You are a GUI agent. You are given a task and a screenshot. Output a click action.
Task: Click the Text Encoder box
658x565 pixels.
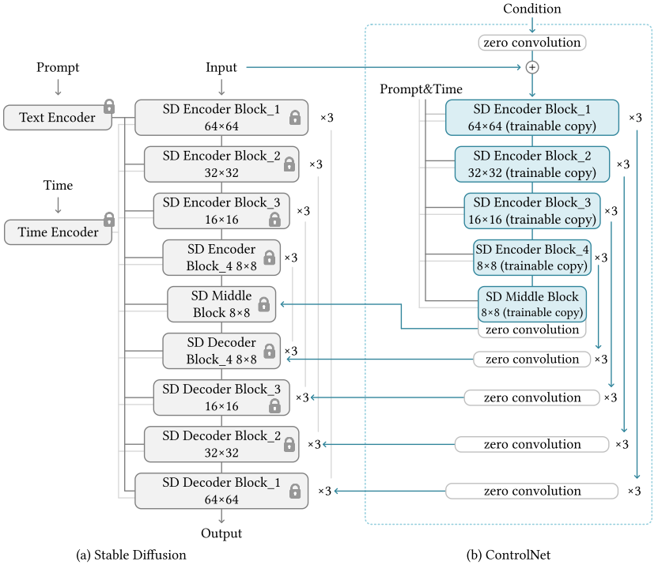point(58,118)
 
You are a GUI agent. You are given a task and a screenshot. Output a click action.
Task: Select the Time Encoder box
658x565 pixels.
point(58,232)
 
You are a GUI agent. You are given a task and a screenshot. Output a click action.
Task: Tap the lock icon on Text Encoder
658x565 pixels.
point(109,107)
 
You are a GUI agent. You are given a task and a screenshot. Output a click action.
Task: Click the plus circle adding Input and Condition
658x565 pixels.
point(532,67)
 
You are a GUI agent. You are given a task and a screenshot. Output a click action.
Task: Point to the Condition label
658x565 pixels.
point(532,9)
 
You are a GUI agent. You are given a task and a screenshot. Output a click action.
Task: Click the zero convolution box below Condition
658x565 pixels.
point(532,43)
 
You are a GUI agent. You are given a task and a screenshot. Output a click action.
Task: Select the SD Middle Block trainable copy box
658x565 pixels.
point(532,304)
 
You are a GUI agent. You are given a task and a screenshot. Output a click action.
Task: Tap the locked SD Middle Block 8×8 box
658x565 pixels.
point(221,304)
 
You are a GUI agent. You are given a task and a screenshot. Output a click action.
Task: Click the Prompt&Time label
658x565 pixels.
point(421,89)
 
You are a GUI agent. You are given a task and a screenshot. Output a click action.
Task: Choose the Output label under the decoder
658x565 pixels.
point(221,533)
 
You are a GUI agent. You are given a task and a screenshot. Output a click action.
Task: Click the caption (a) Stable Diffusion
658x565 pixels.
point(131,555)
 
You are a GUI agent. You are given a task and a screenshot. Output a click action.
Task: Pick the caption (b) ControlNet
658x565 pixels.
point(509,555)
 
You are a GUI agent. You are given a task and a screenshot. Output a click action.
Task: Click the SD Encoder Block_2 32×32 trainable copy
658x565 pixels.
point(532,164)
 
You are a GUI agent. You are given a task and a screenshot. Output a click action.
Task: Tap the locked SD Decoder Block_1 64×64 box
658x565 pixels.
point(221,491)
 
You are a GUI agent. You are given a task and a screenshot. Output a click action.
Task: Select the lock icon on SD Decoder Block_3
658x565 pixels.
point(275,405)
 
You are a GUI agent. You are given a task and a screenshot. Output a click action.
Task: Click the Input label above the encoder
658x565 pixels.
point(221,67)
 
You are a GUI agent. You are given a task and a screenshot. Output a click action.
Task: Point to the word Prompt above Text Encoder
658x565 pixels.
point(58,67)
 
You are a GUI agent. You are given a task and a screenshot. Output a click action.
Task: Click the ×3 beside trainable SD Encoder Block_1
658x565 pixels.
point(635,118)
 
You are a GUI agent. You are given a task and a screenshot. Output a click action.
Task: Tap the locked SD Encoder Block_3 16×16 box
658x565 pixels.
point(221,211)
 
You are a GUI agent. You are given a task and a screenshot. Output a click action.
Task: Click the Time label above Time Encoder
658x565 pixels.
point(58,185)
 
